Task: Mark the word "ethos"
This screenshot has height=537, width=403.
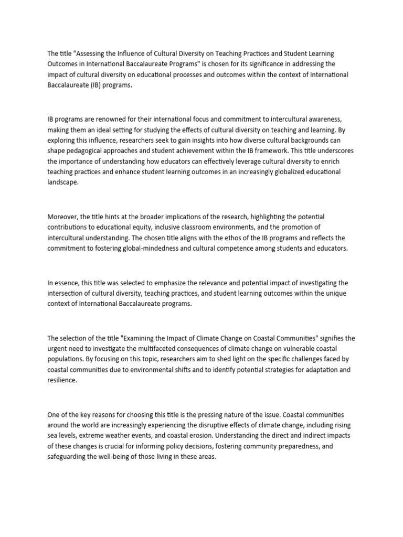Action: click(x=227, y=237)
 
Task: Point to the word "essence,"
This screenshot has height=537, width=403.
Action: click(x=68, y=283)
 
